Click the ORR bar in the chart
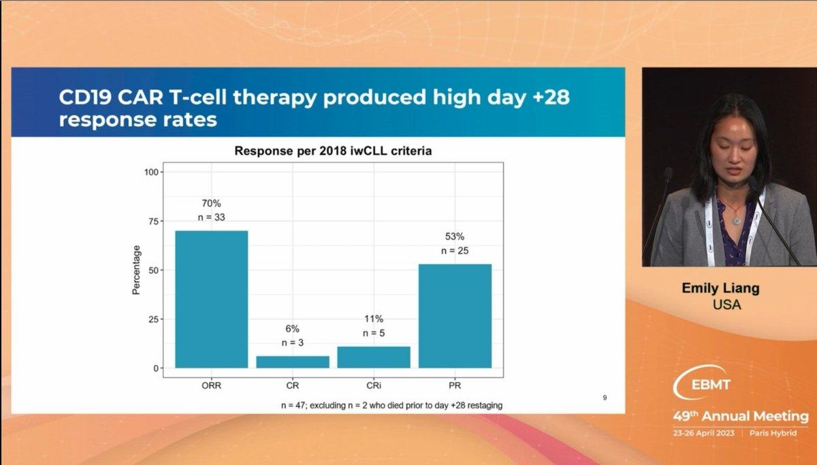coord(212,299)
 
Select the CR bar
coord(293,362)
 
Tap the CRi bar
coord(374,357)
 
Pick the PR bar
coord(455,316)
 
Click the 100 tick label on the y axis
coord(151,172)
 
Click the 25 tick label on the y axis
coord(154,320)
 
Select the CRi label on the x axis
coord(374,385)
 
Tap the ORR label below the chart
coord(212,385)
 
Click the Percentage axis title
coord(136,270)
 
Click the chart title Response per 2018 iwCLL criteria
coord(333,151)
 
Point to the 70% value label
coord(212,203)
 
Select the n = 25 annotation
coord(455,251)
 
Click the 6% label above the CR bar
coord(293,329)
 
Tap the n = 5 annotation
coord(374,333)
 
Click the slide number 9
coord(605,397)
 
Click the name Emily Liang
coord(721,288)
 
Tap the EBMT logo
coord(702,382)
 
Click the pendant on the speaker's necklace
coord(737,221)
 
